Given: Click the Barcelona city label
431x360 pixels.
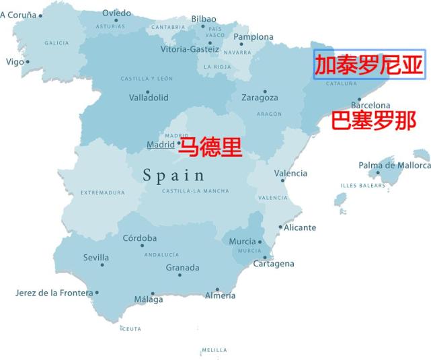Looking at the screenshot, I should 370,106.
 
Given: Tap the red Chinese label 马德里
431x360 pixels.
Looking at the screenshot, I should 208,145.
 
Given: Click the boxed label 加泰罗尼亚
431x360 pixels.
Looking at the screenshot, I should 369,65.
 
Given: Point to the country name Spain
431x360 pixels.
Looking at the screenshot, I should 173,176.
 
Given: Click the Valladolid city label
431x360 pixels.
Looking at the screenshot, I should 149,98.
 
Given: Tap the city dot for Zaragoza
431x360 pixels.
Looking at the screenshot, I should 265,92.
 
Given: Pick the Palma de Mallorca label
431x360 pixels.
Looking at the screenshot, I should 394,165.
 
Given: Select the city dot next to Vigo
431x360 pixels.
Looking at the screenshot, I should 28,62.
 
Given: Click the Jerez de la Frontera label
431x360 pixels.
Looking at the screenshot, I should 54,293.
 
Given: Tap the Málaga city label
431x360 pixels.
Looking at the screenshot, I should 148,300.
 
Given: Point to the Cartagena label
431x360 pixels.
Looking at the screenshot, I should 274,264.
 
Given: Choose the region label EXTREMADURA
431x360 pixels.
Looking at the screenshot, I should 103,192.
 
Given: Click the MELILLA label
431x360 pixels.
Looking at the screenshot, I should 214,350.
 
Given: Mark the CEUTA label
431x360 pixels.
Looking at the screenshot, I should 132,329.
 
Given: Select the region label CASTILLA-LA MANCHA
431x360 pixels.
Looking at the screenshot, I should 195,191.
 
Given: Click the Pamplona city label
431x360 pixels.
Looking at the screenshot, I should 253,37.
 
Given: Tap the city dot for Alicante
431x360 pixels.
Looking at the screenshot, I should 280,227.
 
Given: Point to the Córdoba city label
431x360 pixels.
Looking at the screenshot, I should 140,238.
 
